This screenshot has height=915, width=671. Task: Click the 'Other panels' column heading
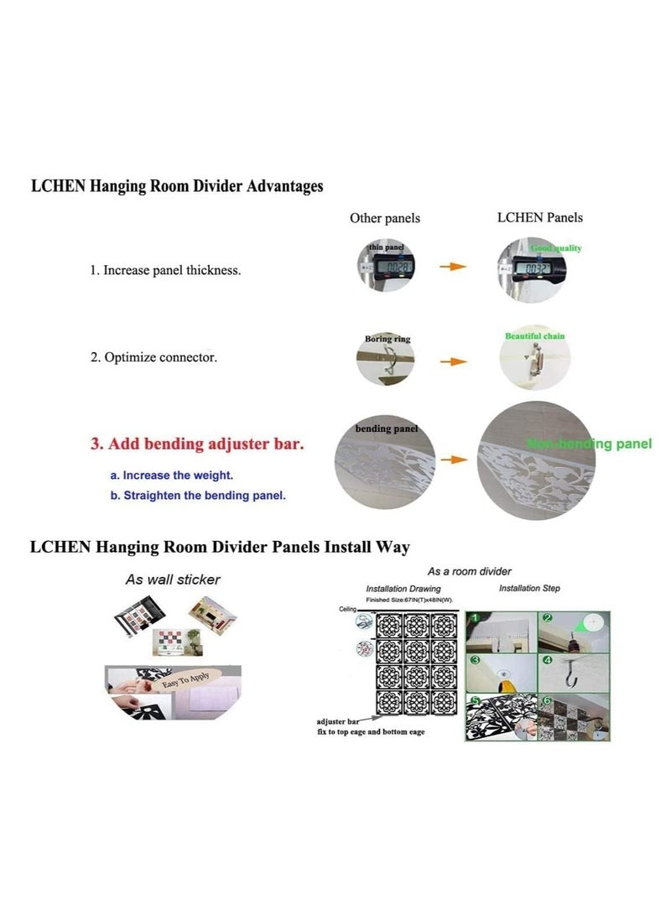pos(385,219)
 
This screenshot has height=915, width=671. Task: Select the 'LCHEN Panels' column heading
pos(540,218)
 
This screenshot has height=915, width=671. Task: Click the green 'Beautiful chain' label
pos(534,336)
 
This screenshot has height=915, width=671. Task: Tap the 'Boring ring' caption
pos(388,340)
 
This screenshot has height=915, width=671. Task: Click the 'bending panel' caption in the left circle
pos(386,429)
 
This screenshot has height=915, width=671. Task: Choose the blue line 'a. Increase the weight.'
pos(172,476)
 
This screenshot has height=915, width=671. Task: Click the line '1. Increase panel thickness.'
pos(165,271)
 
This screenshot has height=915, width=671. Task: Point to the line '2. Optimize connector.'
pos(153,357)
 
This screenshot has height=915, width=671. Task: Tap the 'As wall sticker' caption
pos(173,580)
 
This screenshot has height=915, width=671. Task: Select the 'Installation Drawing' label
pos(403,590)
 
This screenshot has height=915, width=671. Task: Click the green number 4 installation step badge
pos(548,661)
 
